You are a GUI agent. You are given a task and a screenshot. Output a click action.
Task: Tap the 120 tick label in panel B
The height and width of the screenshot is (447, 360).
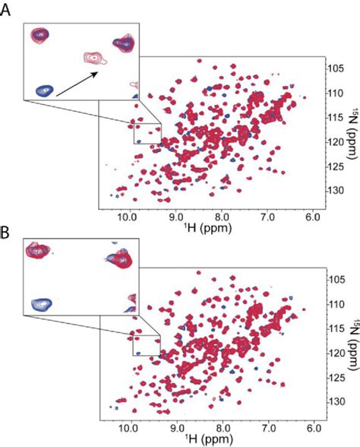[x=332, y=353]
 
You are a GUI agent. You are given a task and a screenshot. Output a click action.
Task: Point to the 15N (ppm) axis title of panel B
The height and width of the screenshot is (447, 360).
[x=351, y=344]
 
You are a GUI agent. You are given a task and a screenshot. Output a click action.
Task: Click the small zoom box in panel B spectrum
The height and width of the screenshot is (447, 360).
[x=147, y=346]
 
